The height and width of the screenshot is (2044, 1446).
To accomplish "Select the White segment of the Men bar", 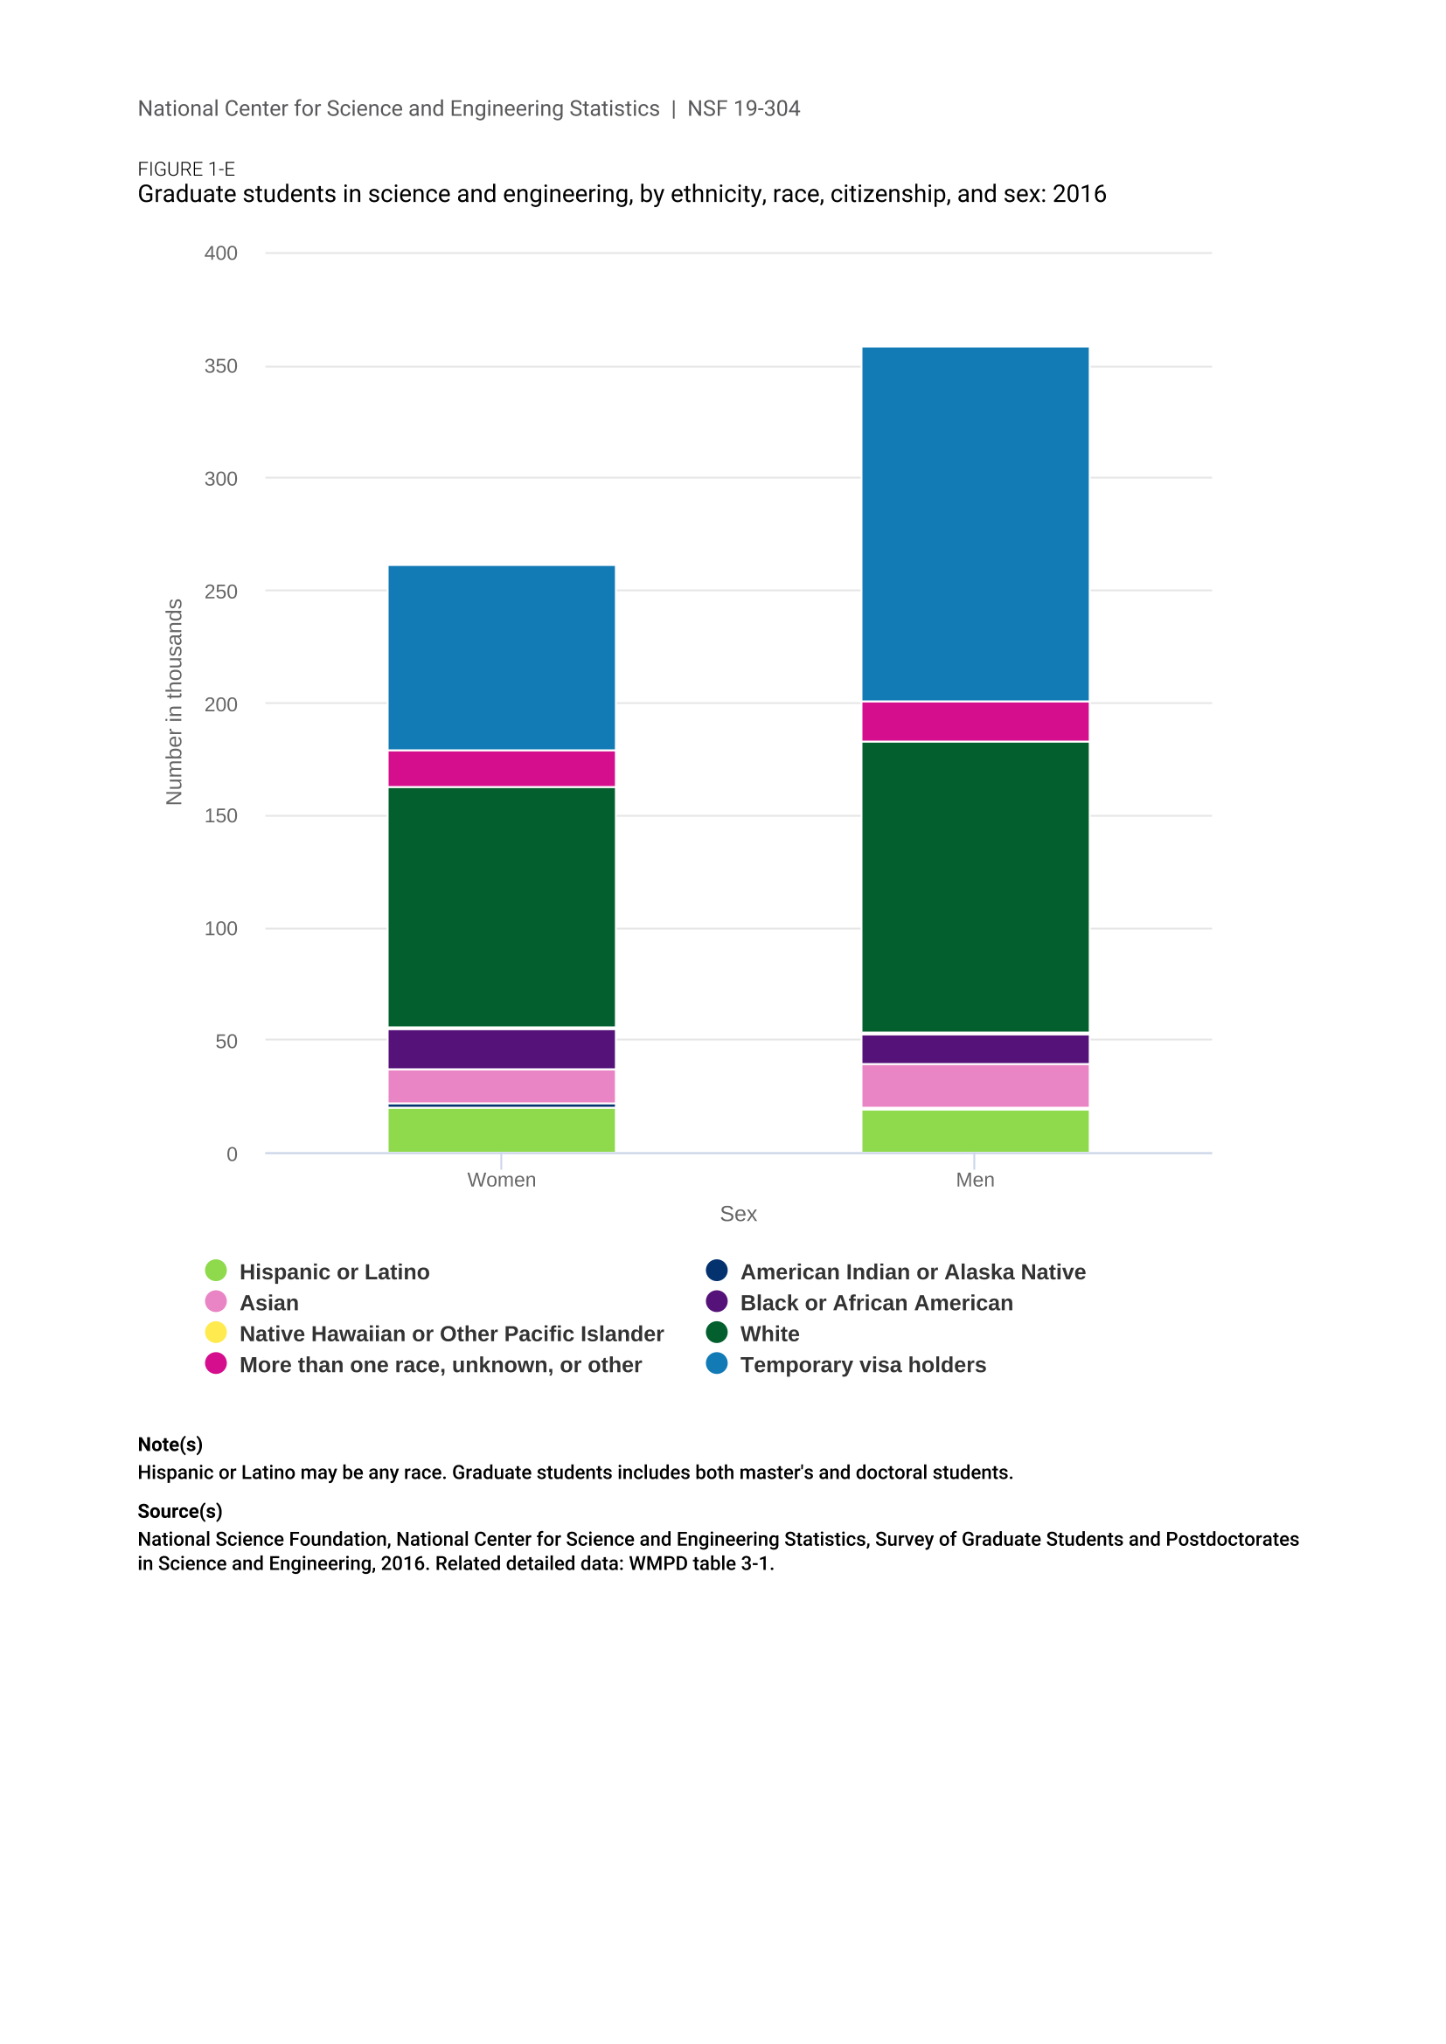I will (x=975, y=887).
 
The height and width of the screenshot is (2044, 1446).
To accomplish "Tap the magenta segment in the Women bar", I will (x=501, y=768).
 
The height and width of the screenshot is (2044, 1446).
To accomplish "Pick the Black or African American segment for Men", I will (x=975, y=1050).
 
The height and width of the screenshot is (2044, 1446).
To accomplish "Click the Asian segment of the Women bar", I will (x=501, y=1086).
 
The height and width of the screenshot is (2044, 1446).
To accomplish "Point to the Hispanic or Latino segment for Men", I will (x=975, y=1131).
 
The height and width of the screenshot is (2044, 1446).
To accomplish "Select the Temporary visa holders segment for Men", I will (x=975, y=523).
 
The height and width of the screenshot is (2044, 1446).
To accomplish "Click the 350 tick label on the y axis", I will (x=221, y=366).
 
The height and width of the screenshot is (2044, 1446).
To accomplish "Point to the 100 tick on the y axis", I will (x=221, y=929).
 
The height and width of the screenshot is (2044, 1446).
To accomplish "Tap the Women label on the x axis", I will (x=501, y=1180).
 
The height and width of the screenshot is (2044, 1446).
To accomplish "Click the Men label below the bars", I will (x=975, y=1180).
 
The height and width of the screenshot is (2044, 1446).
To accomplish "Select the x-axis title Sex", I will (x=738, y=1214).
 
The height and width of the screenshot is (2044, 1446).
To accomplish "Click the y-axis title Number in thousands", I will (x=175, y=702).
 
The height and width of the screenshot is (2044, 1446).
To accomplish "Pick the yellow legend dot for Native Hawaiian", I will (x=215, y=1333).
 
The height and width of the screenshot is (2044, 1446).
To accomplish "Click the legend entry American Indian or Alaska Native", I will (x=913, y=1271).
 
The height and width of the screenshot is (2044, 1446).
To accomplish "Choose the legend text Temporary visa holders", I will (x=863, y=1365).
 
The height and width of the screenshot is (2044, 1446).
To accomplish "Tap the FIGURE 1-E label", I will (x=186, y=170).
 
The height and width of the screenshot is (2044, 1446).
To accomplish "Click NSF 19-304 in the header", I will (x=743, y=108).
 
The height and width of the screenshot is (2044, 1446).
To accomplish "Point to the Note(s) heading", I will (x=170, y=1444).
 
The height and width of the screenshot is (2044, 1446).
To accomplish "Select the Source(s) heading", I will (x=180, y=1511).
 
